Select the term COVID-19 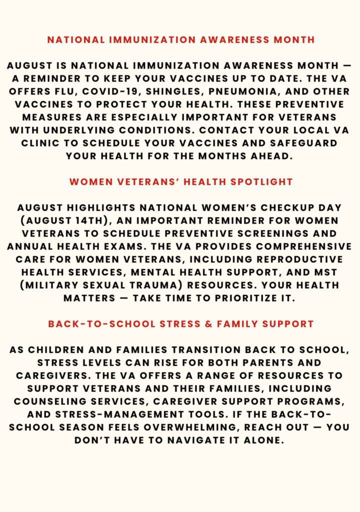point(110,91)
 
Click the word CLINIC point(41,143)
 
